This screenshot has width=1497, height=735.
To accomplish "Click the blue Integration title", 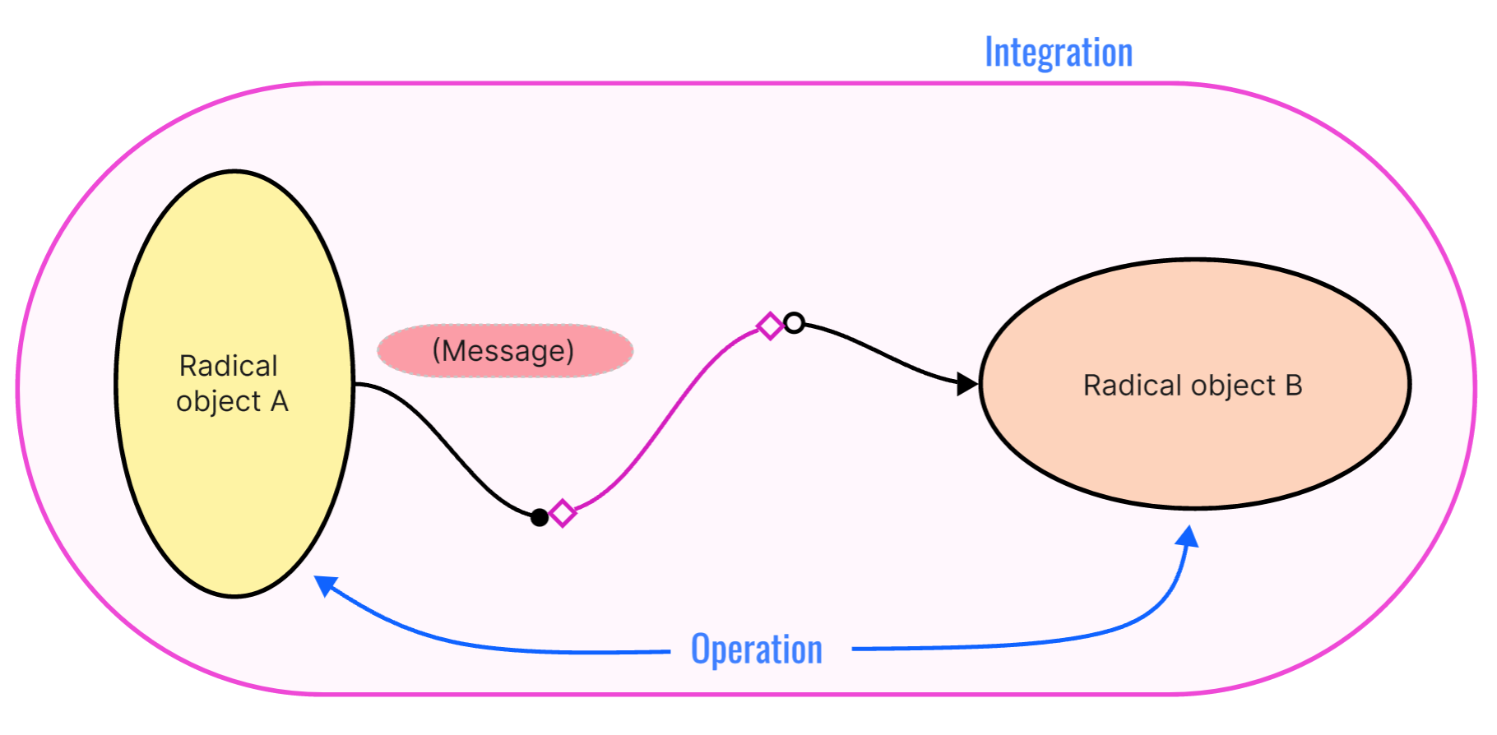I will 1059,53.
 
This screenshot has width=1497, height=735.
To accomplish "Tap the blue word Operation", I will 757,649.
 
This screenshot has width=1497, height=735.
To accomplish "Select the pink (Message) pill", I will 504,351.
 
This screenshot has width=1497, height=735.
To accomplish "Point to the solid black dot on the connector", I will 540,517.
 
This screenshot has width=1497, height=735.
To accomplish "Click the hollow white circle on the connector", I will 794,323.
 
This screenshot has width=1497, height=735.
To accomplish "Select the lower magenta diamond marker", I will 563,513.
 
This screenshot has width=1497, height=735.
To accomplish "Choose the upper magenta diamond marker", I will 770,326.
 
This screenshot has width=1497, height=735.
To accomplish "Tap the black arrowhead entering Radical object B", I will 968,384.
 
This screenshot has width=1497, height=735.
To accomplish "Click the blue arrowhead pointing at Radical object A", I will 325,584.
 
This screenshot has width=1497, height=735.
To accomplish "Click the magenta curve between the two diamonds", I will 666,419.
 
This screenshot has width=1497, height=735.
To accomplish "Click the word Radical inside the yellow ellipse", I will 229,366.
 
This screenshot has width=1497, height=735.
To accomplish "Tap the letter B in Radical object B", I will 1294,386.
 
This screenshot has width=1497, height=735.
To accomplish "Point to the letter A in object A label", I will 280,401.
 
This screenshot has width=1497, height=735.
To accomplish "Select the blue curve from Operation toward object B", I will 1028,642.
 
